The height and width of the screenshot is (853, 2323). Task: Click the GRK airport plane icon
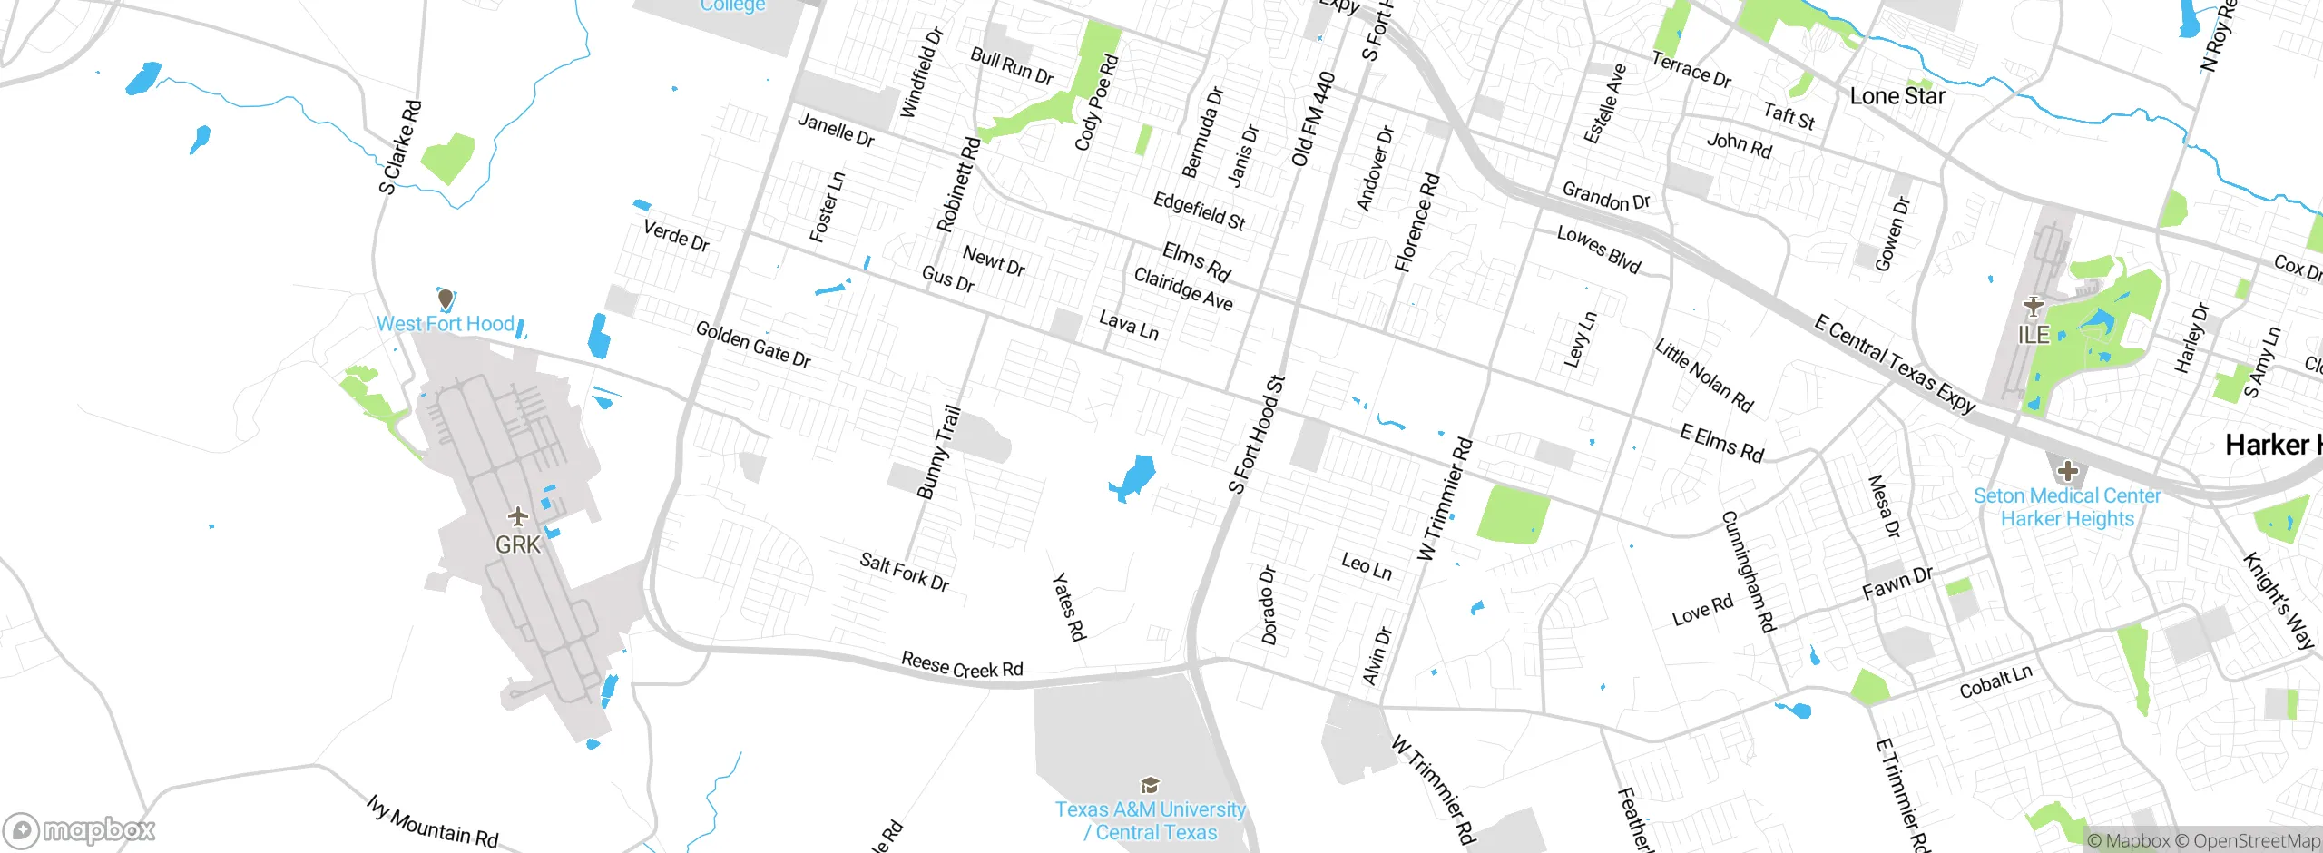click(518, 517)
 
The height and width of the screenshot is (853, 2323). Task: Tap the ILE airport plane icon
click(2033, 306)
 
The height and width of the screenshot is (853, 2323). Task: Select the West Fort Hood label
click(446, 324)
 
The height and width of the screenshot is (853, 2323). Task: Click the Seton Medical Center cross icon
click(2068, 471)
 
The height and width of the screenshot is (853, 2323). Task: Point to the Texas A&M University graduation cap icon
click(1150, 785)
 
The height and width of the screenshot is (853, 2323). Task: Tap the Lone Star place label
click(1897, 96)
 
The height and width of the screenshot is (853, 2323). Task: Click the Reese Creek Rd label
click(962, 665)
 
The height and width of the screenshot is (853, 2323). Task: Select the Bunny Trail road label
click(938, 452)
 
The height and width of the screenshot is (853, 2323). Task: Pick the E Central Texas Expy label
click(1895, 363)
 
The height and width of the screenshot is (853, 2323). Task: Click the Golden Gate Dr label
click(753, 344)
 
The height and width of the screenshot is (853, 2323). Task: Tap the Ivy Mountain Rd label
click(433, 822)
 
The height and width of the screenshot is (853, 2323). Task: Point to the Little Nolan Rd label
click(1704, 376)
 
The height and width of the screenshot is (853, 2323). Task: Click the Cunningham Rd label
click(1749, 571)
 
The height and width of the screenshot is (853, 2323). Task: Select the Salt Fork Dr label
click(904, 572)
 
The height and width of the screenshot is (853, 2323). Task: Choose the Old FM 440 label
click(1313, 119)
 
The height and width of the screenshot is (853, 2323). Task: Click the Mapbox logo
click(80, 830)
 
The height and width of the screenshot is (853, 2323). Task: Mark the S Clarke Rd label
click(400, 148)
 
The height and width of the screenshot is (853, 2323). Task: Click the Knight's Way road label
click(2279, 600)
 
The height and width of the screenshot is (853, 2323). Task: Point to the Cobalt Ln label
click(1995, 681)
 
